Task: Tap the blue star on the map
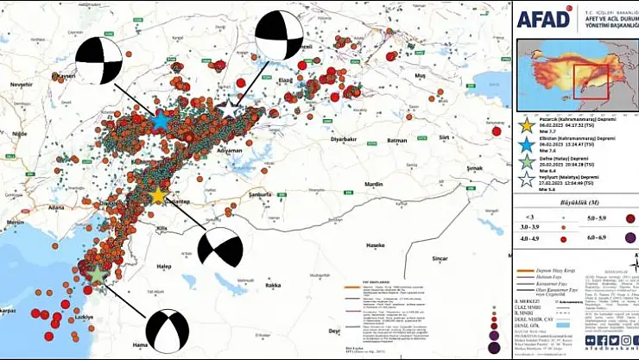[160, 121]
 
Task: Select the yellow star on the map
[157, 196]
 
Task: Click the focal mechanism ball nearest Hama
[167, 331]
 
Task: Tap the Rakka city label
[274, 285]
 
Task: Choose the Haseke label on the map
[376, 245]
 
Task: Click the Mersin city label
[15, 222]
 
